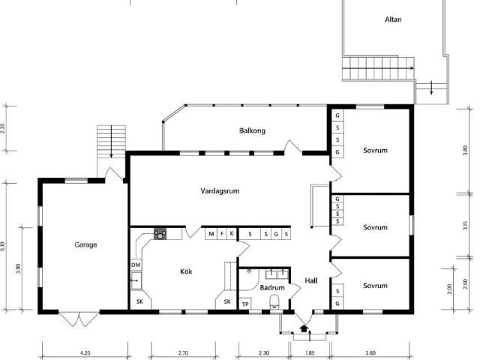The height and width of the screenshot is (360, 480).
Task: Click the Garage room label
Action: pos(85,245)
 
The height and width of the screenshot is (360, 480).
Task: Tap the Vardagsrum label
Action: pos(220,191)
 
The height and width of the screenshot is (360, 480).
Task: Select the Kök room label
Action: pos(186,271)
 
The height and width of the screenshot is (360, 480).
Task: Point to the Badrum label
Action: pos(272,288)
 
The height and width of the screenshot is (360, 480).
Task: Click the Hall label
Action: pos(311,280)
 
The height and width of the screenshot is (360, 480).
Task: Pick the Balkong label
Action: pos(252,130)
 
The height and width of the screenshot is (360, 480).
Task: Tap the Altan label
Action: pos(393,19)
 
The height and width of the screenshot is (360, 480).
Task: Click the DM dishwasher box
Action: pos(136,265)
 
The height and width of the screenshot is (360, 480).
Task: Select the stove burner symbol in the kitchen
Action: pos(160,234)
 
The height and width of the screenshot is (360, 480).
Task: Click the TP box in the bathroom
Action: pos(245,304)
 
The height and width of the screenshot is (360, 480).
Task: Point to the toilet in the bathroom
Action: pos(274,302)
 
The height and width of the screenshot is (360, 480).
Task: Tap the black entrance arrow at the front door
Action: pos(304,328)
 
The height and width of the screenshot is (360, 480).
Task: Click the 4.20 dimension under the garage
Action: pos(85,353)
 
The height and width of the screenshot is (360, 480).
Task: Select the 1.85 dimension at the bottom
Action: pos(310,353)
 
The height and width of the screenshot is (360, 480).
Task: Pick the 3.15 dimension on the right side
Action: pos(465,226)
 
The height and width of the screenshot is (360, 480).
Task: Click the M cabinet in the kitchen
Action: pos(211,234)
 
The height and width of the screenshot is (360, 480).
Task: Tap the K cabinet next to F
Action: pos(232,234)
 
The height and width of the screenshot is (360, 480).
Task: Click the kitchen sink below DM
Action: pos(136,280)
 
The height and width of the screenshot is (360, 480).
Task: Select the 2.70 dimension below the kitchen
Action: pos(183,353)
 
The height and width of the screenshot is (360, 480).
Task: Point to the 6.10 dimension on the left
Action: pos(3,247)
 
